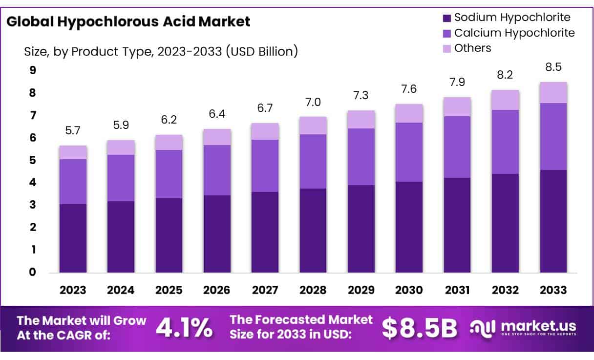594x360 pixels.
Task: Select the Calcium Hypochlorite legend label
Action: tap(514, 33)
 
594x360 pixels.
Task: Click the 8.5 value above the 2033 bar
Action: tap(553, 67)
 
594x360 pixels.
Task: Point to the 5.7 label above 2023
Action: tap(73, 130)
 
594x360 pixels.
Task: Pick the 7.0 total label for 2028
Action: tap(313, 102)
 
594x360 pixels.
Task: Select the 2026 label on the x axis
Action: tap(217, 290)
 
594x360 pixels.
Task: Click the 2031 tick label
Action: tap(457, 290)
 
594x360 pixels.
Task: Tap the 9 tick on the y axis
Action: tap(33, 70)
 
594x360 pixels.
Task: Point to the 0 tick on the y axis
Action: tap(33, 272)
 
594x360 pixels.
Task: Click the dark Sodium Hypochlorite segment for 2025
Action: tap(169, 235)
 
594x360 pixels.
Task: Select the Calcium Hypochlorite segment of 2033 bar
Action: tap(553, 136)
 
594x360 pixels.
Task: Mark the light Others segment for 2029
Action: tap(361, 119)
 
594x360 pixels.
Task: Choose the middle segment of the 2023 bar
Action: tap(73, 181)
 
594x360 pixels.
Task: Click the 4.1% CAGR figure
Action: tap(184, 327)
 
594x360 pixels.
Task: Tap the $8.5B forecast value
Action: tap(420, 328)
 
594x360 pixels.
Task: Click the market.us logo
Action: tap(523, 327)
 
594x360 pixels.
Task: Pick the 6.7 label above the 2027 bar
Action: tap(265, 108)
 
